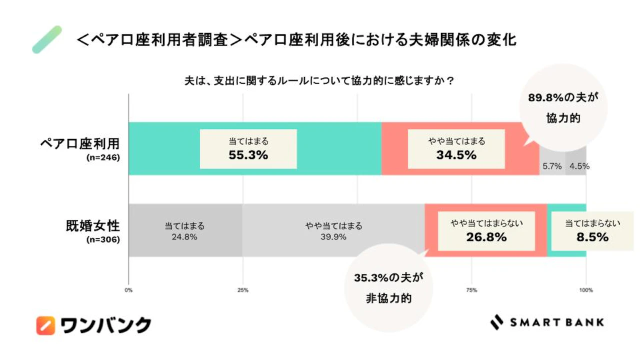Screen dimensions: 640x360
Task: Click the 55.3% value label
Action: (x=248, y=155)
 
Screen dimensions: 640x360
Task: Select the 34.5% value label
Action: (x=456, y=155)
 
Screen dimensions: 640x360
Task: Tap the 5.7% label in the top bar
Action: (x=552, y=166)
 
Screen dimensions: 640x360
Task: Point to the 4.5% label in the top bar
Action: (x=579, y=166)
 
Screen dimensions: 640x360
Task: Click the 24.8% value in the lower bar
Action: (x=184, y=237)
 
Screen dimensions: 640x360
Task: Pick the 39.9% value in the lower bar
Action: (x=333, y=237)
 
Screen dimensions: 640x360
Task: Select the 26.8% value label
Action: (x=486, y=237)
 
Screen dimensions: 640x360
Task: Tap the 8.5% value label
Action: (x=592, y=237)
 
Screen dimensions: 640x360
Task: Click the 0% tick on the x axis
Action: (x=128, y=290)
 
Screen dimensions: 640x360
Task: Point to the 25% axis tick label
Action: (x=243, y=290)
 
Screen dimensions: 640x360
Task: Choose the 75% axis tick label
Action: (x=471, y=290)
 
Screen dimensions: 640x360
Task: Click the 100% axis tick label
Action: (x=586, y=290)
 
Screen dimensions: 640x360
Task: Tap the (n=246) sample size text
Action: (x=103, y=157)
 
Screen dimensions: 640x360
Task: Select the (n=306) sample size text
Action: (x=103, y=239)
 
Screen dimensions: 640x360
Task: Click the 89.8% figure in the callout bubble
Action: (x=545, y=97)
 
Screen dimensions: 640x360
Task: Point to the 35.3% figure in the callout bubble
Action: (x=371, y=278)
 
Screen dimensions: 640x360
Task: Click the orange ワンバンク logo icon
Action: (x=45, y=325)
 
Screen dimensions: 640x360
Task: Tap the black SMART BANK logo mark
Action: (x=497, y=322)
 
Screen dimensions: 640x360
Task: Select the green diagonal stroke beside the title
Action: (x=47, y=39)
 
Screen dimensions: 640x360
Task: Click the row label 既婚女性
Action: (x=93, y=226)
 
